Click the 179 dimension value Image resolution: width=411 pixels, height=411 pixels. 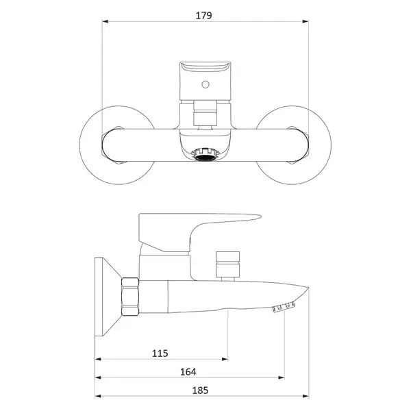(203, 16)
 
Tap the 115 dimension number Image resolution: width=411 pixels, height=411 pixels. (160, 353)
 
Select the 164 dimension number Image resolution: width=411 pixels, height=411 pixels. (188, 372)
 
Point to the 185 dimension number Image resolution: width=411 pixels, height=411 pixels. (200, 390)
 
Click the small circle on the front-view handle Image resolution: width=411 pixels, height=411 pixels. (206, 84)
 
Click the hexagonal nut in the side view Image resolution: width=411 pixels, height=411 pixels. (130, 297)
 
